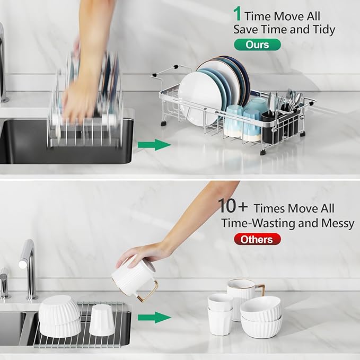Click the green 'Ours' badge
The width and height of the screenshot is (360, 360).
(257, 45)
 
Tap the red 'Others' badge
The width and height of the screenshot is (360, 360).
(257, 239)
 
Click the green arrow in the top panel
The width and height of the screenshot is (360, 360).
(154, 145)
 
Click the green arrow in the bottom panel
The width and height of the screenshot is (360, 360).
(154, 318)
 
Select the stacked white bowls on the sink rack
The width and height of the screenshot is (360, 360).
(59, 316)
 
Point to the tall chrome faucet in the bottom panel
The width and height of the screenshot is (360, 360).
(28, 265)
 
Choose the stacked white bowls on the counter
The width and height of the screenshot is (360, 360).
(261, 317)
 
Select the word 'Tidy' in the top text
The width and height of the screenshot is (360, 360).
(323, 29)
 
